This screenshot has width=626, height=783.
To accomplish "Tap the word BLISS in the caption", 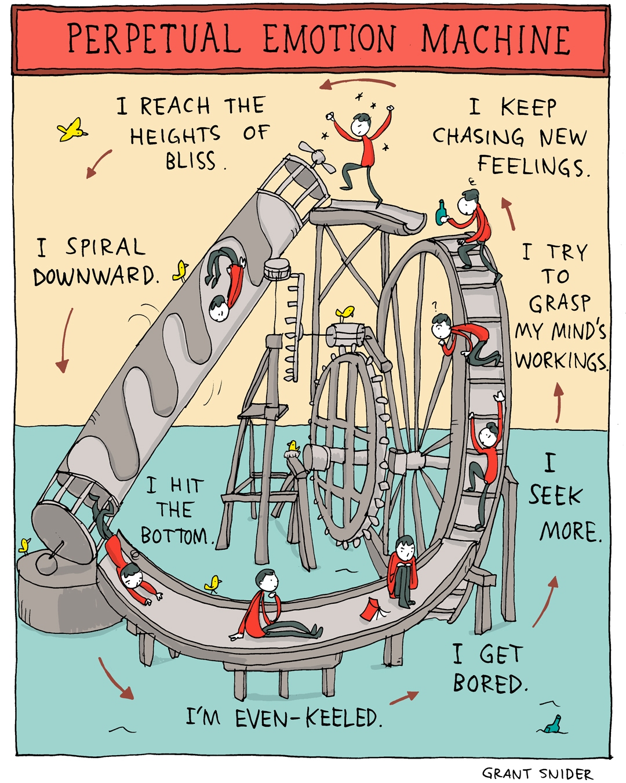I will click(191, 161).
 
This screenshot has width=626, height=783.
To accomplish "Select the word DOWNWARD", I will click(95, 277).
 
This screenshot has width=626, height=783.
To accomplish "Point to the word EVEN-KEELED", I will click(308, 719).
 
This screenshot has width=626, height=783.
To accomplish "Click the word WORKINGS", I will click(561, 361).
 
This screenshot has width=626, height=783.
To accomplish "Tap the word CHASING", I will click(479, 137).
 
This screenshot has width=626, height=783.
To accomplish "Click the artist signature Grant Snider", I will click(537, 773).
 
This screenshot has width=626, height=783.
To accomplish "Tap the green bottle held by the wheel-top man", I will click(442, 212).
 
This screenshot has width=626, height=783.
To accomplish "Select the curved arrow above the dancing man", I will click(357, 83).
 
